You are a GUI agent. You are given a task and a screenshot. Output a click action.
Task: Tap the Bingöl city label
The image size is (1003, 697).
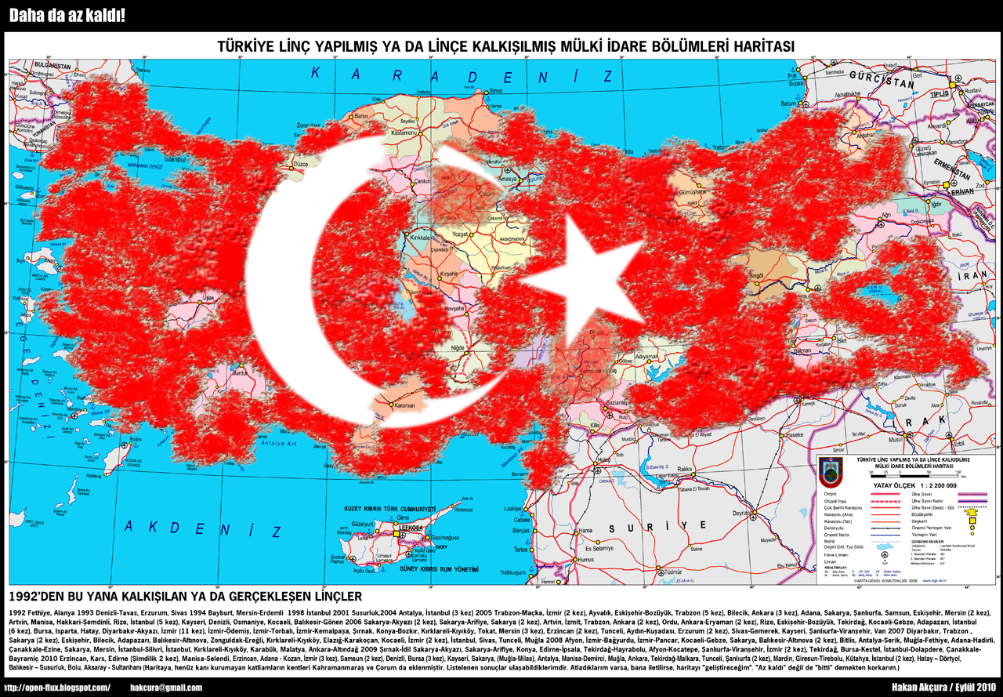click(756, 276)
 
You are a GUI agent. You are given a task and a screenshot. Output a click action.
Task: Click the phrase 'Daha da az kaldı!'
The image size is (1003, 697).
click(67, 16)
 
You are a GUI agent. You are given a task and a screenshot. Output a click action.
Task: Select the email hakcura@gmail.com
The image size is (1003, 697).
click(165, 688)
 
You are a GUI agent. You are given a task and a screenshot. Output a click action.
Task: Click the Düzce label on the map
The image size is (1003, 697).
click(301, 165)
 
